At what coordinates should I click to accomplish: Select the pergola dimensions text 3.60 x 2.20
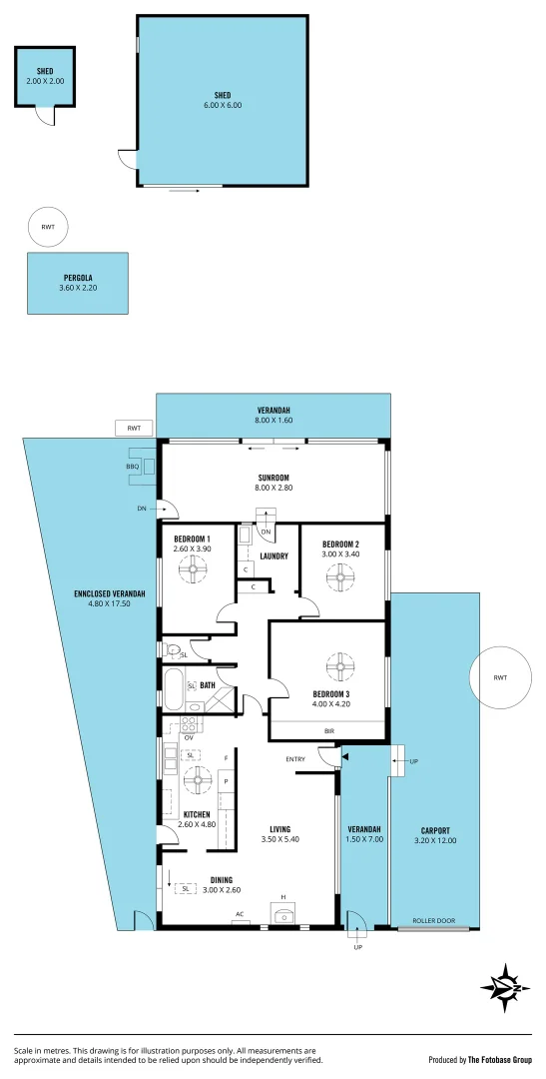point(78,289)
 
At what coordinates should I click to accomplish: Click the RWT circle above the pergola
point(48,227)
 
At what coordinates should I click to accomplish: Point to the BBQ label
point(132,467)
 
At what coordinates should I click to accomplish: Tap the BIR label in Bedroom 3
point(329,731)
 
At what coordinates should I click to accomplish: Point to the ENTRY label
point(295,759)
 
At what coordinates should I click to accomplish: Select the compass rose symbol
point(510,984)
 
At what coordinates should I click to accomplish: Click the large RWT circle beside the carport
point(499,678)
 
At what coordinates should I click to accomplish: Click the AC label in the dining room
point(240,914)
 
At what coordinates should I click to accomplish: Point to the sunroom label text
point(272,479)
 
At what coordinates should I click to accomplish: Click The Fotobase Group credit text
point(499,1059)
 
